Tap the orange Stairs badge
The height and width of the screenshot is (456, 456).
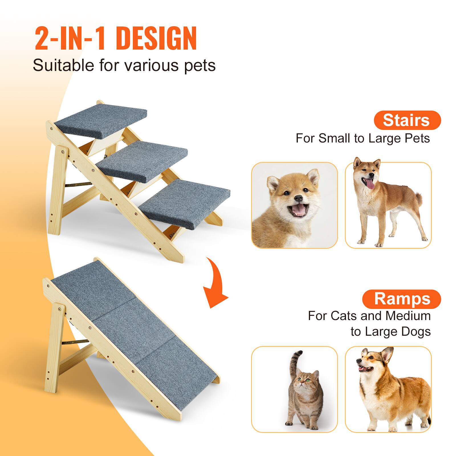(x=407, y=120)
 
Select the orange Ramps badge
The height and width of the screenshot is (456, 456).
(x=402, y=299)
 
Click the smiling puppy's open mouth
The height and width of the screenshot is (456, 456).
(x=298, y=210)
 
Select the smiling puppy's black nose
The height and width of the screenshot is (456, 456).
(x=299, y=198)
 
